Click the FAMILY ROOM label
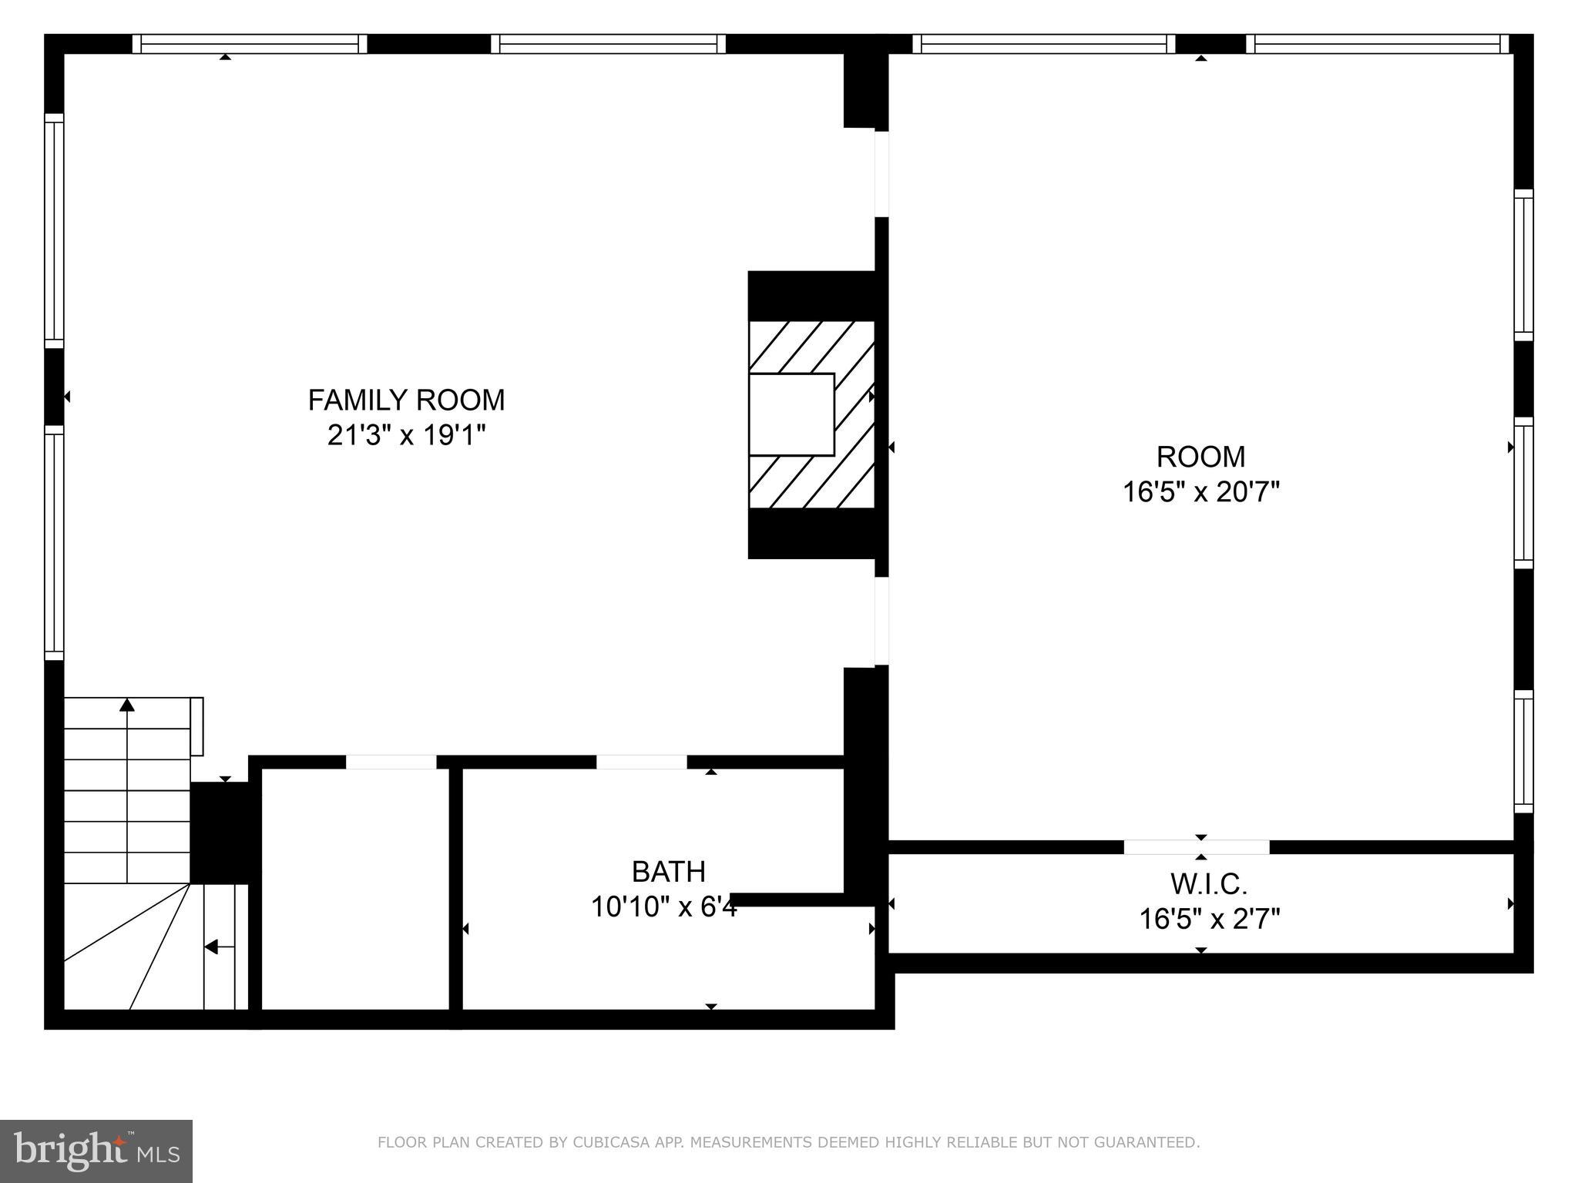point(406,400)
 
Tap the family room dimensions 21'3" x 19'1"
point(406,436)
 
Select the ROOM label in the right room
point(1200,457)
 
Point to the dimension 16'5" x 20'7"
point(1200,491)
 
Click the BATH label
point(668,872)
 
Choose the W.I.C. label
point(1208,884)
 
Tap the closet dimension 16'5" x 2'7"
point(1209,919)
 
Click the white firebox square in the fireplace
point(791,414)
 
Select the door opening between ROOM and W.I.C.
point(1196,847)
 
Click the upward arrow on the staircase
point(127,705)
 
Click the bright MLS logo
point(96,1151)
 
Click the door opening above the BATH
point(641,762)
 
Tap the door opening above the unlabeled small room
point(391,762)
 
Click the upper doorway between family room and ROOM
point(881,174)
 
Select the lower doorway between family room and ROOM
point(881,621)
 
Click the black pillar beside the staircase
point(220,833)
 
